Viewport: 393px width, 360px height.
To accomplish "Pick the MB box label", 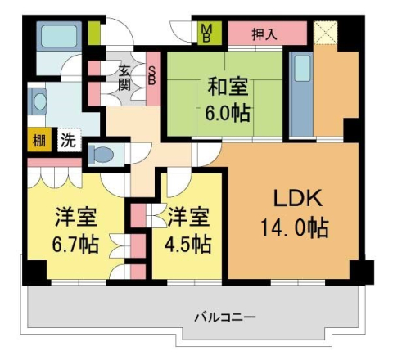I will (206, 34).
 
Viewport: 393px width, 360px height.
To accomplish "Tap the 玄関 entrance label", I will (124, 76).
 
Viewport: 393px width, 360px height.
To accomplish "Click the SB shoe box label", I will (152, 76).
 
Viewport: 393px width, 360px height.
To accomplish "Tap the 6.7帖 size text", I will (75, 243).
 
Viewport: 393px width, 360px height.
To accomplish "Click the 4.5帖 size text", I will (190, 243).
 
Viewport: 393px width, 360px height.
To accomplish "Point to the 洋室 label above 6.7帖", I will (76, 218).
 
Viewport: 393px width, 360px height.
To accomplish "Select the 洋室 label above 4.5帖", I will (189, 218).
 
